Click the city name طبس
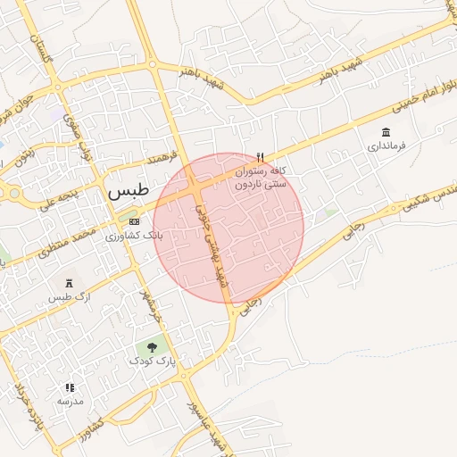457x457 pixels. tap(127, 191)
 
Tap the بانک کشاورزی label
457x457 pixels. tap(121, 237)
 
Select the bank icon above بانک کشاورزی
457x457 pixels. tap(134, 221)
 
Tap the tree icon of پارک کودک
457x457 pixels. tap(152, 346)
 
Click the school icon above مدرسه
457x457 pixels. tap(70, 387)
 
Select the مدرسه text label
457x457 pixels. tap(70, 402)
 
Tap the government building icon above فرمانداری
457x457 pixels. tap(385, 131)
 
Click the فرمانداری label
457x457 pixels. tap(386, 145)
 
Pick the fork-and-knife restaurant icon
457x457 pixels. tap(260, 154)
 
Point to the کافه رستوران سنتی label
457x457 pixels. tap(260, 177)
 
